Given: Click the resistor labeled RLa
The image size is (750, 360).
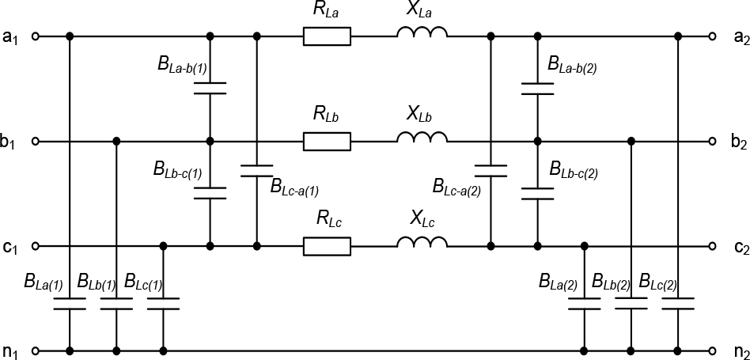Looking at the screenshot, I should pos(327,36).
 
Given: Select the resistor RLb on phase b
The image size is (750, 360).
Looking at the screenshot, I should pos(327,141).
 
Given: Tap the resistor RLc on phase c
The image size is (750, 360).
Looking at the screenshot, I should pos(327,246).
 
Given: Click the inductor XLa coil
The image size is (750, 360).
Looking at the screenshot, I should pos(422,33).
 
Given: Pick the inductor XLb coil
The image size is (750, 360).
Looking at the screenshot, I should pos(422,138).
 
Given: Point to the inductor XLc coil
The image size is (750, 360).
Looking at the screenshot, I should pos(422,244).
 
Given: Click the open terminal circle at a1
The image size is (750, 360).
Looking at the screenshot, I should pos(35,36).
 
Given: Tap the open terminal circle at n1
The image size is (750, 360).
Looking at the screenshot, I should pos(35,351).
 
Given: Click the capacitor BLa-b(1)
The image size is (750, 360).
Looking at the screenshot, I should pos(210,88).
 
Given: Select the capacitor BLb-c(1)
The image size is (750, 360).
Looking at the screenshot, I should pos(210,193).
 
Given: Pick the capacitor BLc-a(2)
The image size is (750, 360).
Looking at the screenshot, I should pos(491,170).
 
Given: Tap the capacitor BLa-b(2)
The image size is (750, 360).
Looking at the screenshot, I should pos(538,88).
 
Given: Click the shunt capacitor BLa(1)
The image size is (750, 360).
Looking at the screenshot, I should pos(70,304).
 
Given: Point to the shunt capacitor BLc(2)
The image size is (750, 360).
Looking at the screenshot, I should pos(678,304).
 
